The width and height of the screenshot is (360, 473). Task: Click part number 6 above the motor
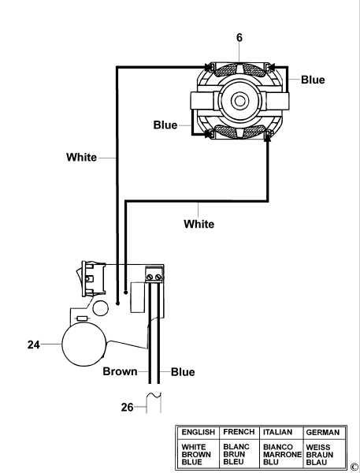(239, 37)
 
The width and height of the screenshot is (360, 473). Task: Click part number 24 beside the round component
(33, 345)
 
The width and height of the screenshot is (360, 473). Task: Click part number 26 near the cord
(127, 408)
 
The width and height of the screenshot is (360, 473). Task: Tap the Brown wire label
(120, 371)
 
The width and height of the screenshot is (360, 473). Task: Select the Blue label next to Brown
(183, 372)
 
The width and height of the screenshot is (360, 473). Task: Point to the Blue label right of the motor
(313, 80)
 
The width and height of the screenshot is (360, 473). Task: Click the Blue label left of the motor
(165, 125)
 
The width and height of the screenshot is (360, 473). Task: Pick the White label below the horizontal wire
(199, 224)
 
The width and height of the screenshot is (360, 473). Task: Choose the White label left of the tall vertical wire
(81, 157)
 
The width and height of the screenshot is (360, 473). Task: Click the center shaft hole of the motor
(240, 101)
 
